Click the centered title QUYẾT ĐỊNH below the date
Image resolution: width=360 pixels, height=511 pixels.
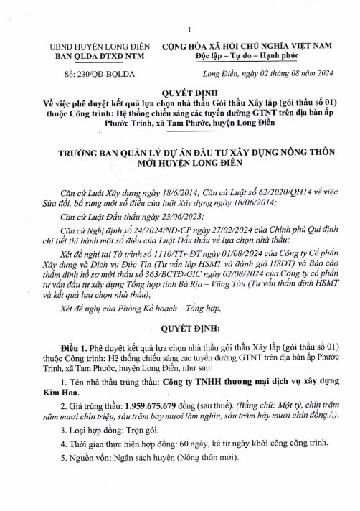click(181, 94)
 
